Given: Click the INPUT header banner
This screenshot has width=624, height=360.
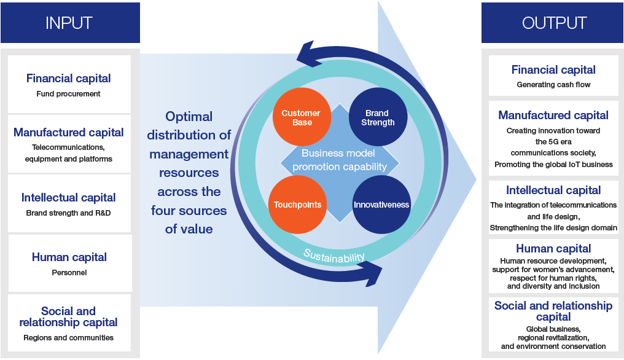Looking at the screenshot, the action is click(70, 23).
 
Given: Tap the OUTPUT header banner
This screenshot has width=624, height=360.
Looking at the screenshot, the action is click(552, 23).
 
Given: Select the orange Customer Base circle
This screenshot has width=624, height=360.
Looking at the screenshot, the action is click(302, 117).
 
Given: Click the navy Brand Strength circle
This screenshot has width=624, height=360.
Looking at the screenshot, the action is click(378, 117).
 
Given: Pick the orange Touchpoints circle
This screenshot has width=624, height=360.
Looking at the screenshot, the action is click(298, 205).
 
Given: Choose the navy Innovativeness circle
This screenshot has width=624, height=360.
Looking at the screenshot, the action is click(381, 205).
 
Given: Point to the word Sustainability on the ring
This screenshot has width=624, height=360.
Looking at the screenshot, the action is click(334, 256).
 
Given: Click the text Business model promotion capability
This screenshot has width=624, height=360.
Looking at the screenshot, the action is click(339, 160).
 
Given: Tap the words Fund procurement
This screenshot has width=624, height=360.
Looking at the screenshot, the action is click(68, 94).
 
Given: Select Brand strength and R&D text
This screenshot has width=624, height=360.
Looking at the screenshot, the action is click(68, 213).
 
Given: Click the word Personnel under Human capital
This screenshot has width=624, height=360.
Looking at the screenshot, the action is click(69, 273).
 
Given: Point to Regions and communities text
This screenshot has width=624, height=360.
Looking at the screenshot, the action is click(68, 338).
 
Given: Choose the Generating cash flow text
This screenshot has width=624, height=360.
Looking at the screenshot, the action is click(553, 84).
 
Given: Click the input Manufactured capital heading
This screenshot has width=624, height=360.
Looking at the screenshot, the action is click(68, 132).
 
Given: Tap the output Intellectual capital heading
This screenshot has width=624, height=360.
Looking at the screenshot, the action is click(553, 190).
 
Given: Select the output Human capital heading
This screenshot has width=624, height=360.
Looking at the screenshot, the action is click(553, 248).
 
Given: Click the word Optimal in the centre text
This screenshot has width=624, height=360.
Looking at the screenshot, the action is click(189, 117).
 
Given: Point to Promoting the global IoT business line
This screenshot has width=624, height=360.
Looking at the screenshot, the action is click(553, 165).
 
